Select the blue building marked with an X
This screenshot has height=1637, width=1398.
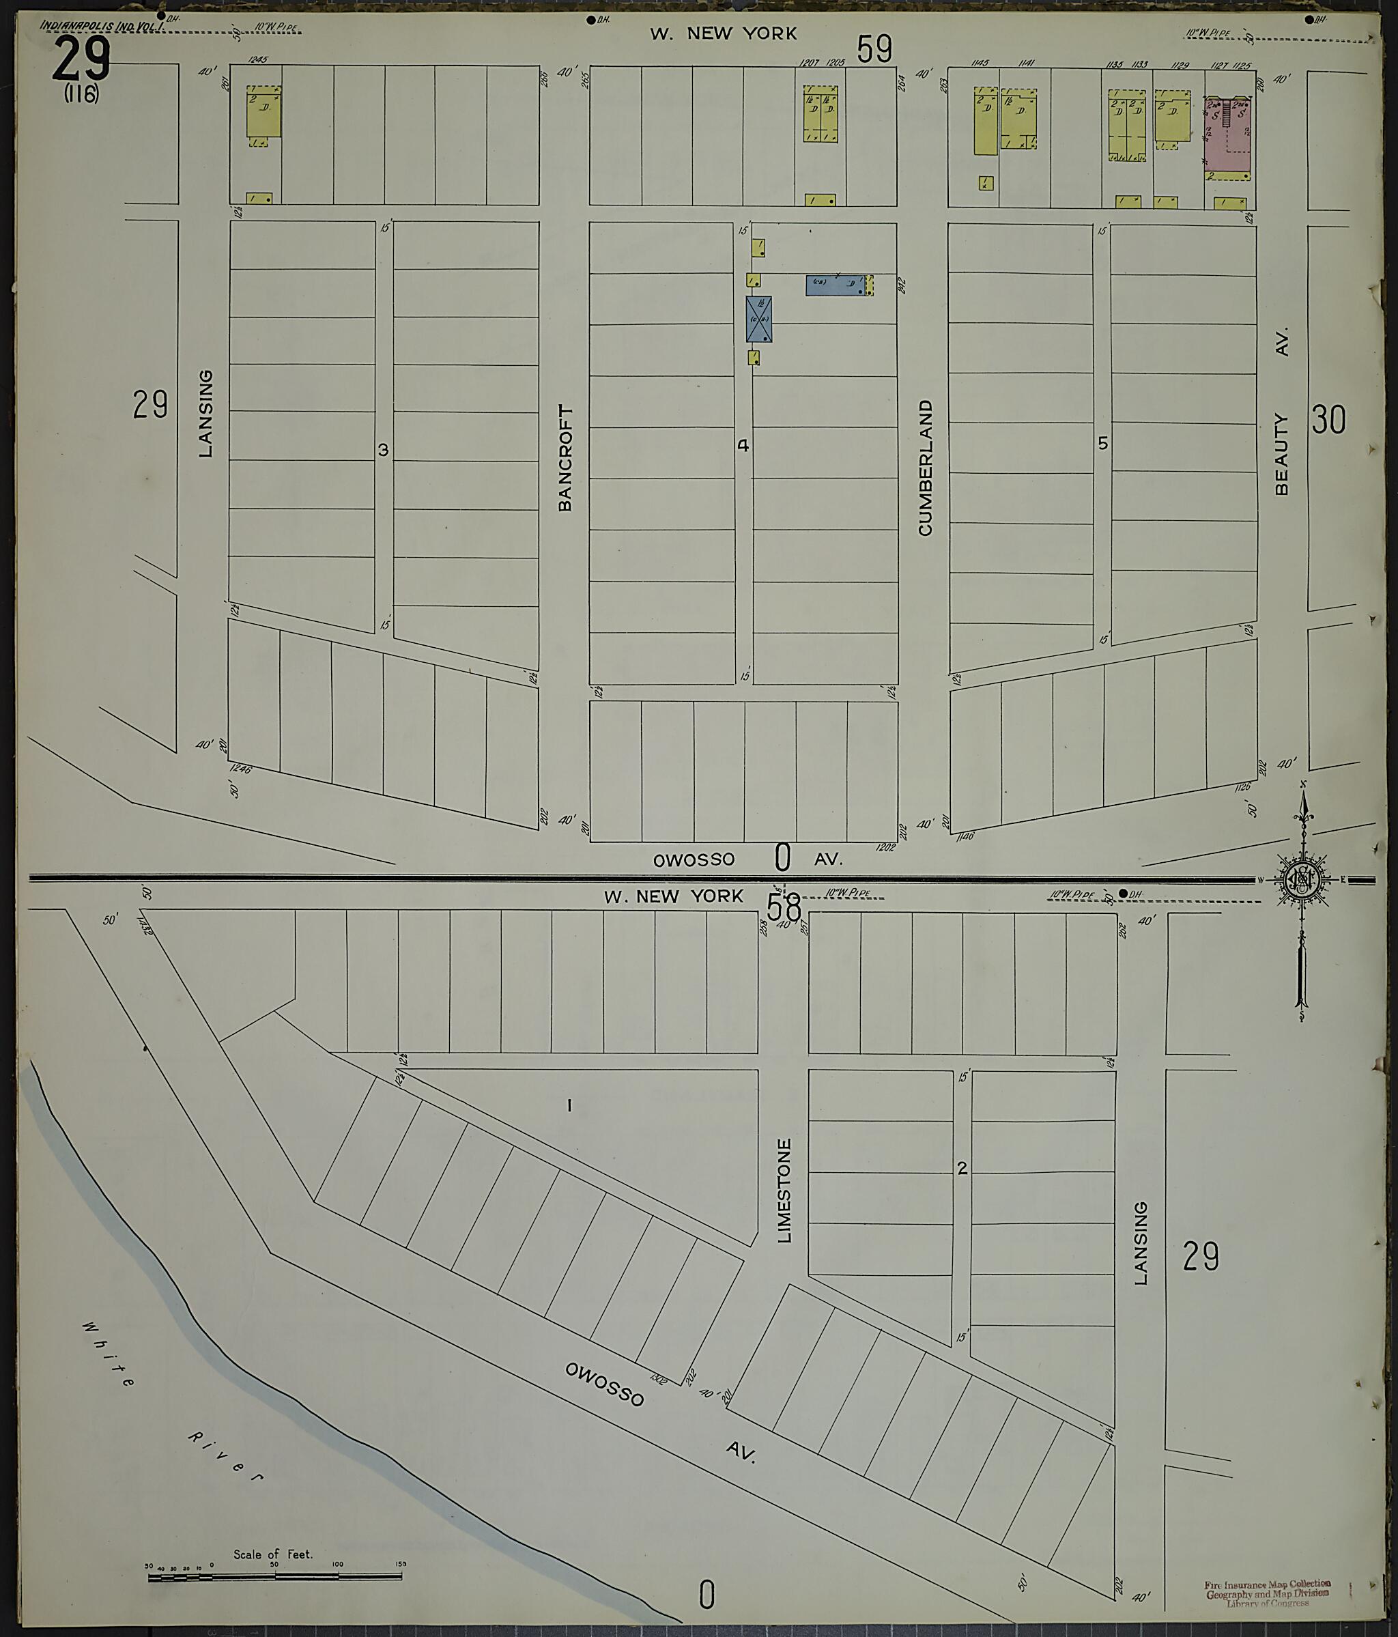758,319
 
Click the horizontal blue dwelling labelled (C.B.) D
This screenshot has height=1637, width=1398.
834,285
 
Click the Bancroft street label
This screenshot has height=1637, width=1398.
565,458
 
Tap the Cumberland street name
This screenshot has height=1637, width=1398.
925,468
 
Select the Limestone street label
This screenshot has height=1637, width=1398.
784,1191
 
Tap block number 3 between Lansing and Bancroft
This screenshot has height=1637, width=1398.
383,451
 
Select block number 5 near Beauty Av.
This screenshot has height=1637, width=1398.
1102,444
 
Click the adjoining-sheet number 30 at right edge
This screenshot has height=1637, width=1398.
1328,421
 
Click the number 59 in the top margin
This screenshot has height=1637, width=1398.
874,49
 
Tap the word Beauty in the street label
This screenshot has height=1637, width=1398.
1281,455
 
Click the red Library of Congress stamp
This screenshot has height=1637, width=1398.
1267,1593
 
